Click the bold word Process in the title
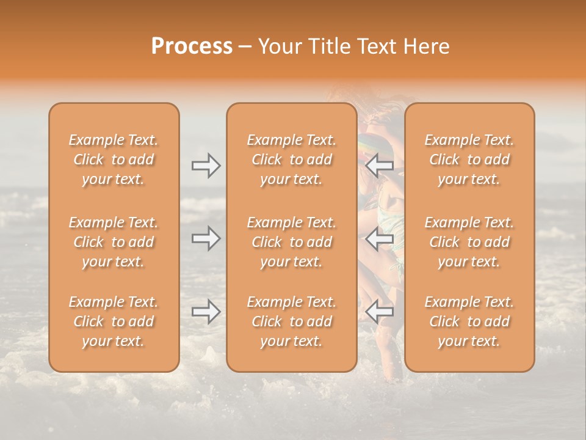tap(192, 46)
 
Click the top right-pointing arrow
tap(206, 165)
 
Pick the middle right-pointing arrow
tap(206, 239)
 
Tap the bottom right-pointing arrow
tap(206, 312)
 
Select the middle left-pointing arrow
tap(380, 239)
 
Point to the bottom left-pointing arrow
tap(380, 312)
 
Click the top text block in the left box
tap(114, 159)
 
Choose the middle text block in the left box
tap(114, 242)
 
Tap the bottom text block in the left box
tap(114, 321)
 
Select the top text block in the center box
tap(291, 159)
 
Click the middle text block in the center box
tap(291, 242)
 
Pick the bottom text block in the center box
tap(291, 321)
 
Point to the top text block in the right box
tap(469, 159)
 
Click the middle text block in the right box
tap(469, 242)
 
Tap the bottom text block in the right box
tap(469, 321)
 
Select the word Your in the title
tap(278, 46)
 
